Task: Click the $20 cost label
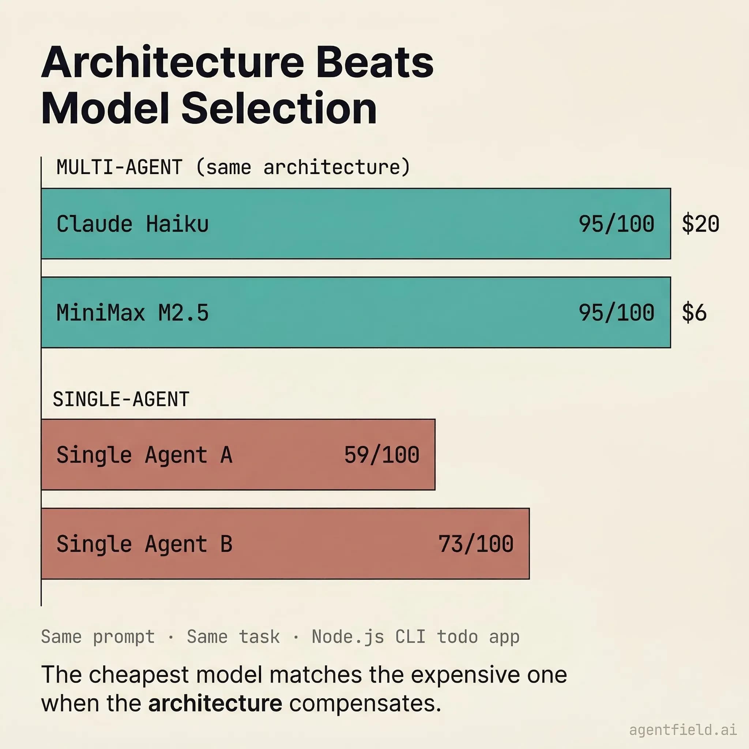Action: tap(700, 224)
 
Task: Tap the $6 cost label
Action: tap(694, 313)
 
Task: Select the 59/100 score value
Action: tap(381, 455)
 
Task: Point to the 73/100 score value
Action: tap(476, 544)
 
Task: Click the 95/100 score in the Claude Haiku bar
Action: tap(616, 224)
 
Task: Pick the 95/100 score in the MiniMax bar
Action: tap(616, 313)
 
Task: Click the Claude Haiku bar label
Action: tap(133, 224)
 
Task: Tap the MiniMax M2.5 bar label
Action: tap(133, 313)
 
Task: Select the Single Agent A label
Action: tap(144, 455)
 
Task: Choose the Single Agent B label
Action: tap(144, 544)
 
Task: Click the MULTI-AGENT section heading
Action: tap(119, 168)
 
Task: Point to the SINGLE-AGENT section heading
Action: tap(121, 399)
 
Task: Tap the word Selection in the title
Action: tap(279, 109)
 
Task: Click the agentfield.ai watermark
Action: tap(683, 730)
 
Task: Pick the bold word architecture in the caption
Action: tap(215, 703)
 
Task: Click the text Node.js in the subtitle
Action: tap(348, 637)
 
